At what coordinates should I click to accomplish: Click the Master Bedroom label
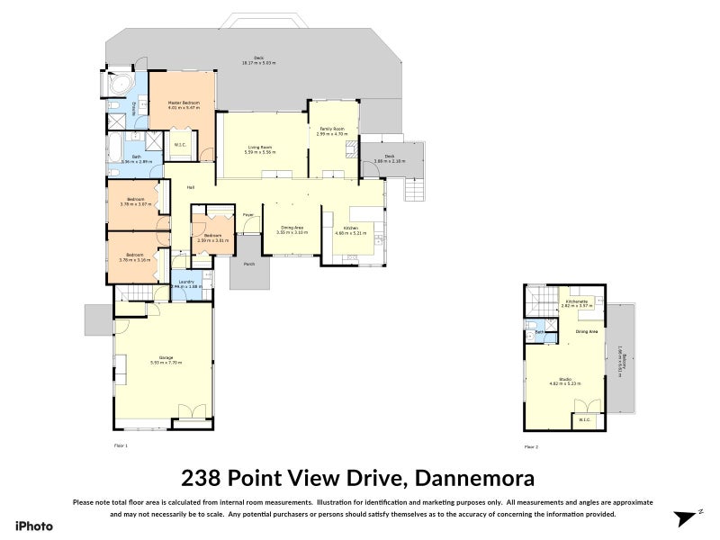pos(183,103)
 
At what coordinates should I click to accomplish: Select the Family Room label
pos(333,129)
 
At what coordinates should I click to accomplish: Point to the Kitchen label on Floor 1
pos(347,228)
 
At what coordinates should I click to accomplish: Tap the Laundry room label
pos(187,282)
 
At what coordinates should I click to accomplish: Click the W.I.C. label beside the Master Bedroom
pos(180,143)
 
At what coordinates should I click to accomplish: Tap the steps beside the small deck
pos(414,190)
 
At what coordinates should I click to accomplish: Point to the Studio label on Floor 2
pos(566,379)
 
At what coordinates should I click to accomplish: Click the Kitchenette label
pos(577,301)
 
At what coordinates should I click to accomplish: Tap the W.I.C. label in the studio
pos(584,419)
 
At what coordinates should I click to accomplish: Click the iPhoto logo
pos(33,526)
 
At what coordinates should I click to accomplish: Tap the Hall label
pos(191,187)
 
